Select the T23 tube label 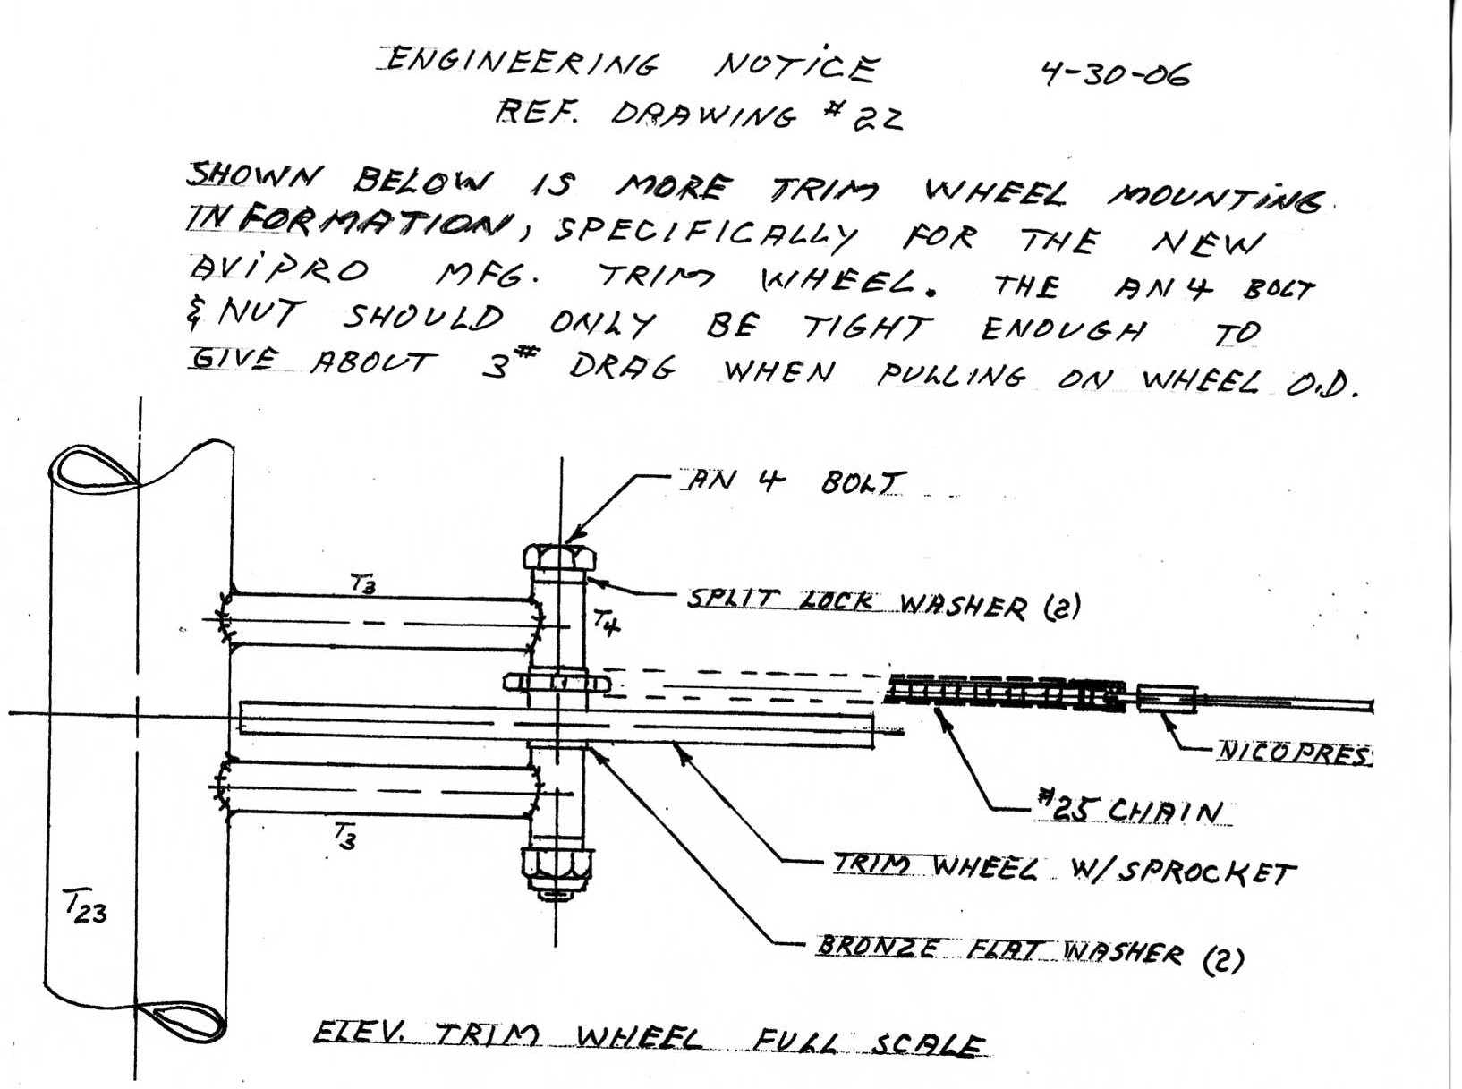[87, 912]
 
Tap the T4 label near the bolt [608, 621]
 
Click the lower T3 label [344, 838]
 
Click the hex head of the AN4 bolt [559, 557]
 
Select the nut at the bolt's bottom [558, 869]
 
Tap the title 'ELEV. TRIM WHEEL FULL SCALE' [650, 1042]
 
